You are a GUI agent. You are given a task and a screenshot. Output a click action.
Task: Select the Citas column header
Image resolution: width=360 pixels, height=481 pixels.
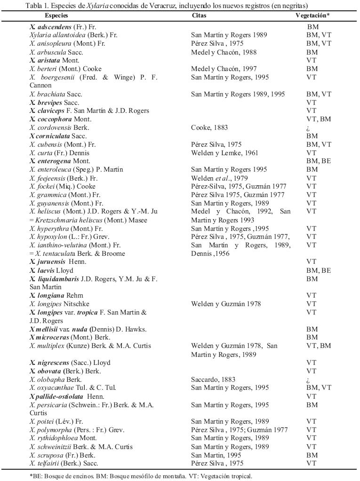tap(199, 16)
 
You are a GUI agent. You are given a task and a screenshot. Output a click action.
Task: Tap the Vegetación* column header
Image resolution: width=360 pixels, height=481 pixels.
tap(312, 16)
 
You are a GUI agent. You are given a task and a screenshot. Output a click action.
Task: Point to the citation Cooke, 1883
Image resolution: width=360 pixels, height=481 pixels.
tap(208, 127)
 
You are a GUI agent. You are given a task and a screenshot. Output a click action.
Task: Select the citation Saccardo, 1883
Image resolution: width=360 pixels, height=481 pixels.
tap(213, 379)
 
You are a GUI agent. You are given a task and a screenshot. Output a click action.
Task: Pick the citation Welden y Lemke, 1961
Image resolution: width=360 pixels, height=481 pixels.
tap(224, 153)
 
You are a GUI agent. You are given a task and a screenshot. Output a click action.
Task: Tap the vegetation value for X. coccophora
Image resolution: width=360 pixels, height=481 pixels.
tap(319, 119)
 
